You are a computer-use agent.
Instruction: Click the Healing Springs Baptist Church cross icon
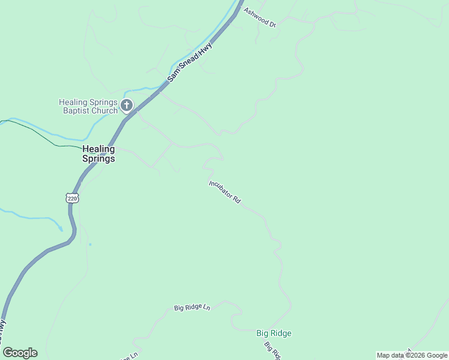pyautogui.click(x=126, y=106)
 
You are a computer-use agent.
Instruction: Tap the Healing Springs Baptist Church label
pyautogui.click(x=88, y=106)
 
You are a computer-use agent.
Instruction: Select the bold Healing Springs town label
pyautogui.click(x=98, y=154)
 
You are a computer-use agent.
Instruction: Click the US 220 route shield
pyautogui.click(x=72, y=198)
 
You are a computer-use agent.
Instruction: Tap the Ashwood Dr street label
pyautogui.click(x=259, y=17)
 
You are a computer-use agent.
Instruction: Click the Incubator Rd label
pyautogui.click(x=224, y=192)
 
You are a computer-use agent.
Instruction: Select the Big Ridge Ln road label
pyautogui.click(x=192, y=308)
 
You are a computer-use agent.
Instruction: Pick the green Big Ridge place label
pyautogui.click(x=274, y=333)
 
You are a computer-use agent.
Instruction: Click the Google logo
pyautogui.click(x=20, y=353)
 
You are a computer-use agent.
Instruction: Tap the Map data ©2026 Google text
pyautogui.click(x=412, y=355)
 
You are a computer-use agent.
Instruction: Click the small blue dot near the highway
pyautogui.click(x=89, y=244)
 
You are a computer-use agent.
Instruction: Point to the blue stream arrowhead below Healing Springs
pyautogui.click(x=60, y=229)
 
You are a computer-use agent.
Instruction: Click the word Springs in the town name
pyautogui.click(x=98, y=159)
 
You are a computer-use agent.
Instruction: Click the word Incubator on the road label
pyautogui.click(x=220, y=188)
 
